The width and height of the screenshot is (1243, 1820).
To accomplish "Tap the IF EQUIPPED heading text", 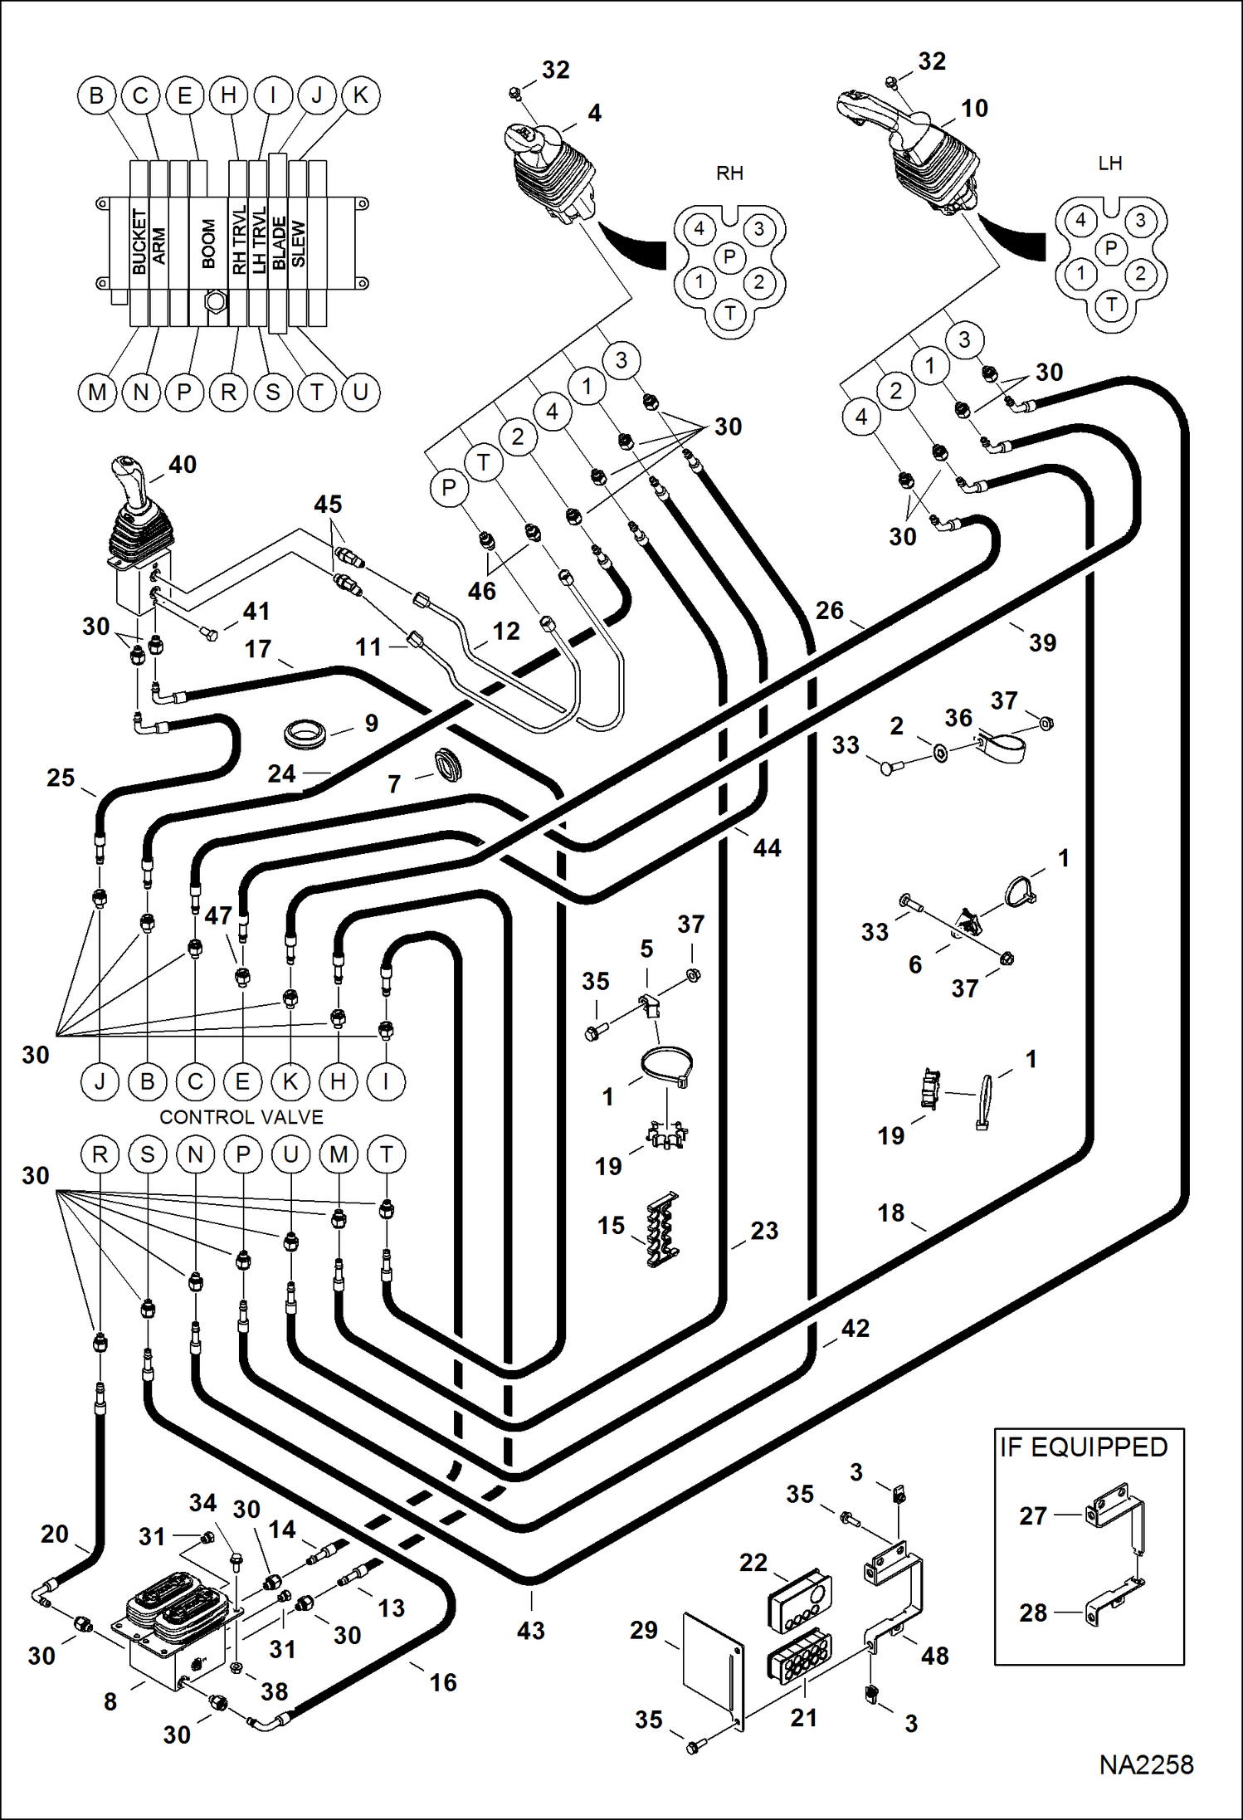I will tap(1083, 1447).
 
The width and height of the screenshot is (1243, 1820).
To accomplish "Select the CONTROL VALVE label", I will tap(241, 1117).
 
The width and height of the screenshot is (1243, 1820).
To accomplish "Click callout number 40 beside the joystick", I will tap(183, 465).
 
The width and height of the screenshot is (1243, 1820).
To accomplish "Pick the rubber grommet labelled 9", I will tap(305, 734).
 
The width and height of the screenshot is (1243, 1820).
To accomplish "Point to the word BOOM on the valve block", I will tap(208, 244).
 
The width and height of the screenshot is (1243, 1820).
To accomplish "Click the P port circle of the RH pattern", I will tap(729, 256).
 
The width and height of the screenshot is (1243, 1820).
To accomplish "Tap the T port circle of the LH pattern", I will tap(1111, 305).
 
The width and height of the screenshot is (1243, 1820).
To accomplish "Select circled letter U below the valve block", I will tap(360, 392).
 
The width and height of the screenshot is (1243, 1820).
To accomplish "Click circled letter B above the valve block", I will tap(96, 95).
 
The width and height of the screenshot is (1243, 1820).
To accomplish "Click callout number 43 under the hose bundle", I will tap(530, 1631).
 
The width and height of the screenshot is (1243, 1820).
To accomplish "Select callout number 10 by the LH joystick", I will tap(974, 109).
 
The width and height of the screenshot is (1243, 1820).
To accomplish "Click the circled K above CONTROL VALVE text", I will tap(290, 1081).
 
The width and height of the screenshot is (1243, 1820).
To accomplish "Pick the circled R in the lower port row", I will tap(100, 1154).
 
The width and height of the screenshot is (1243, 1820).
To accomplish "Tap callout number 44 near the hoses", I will tap(767, 848).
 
